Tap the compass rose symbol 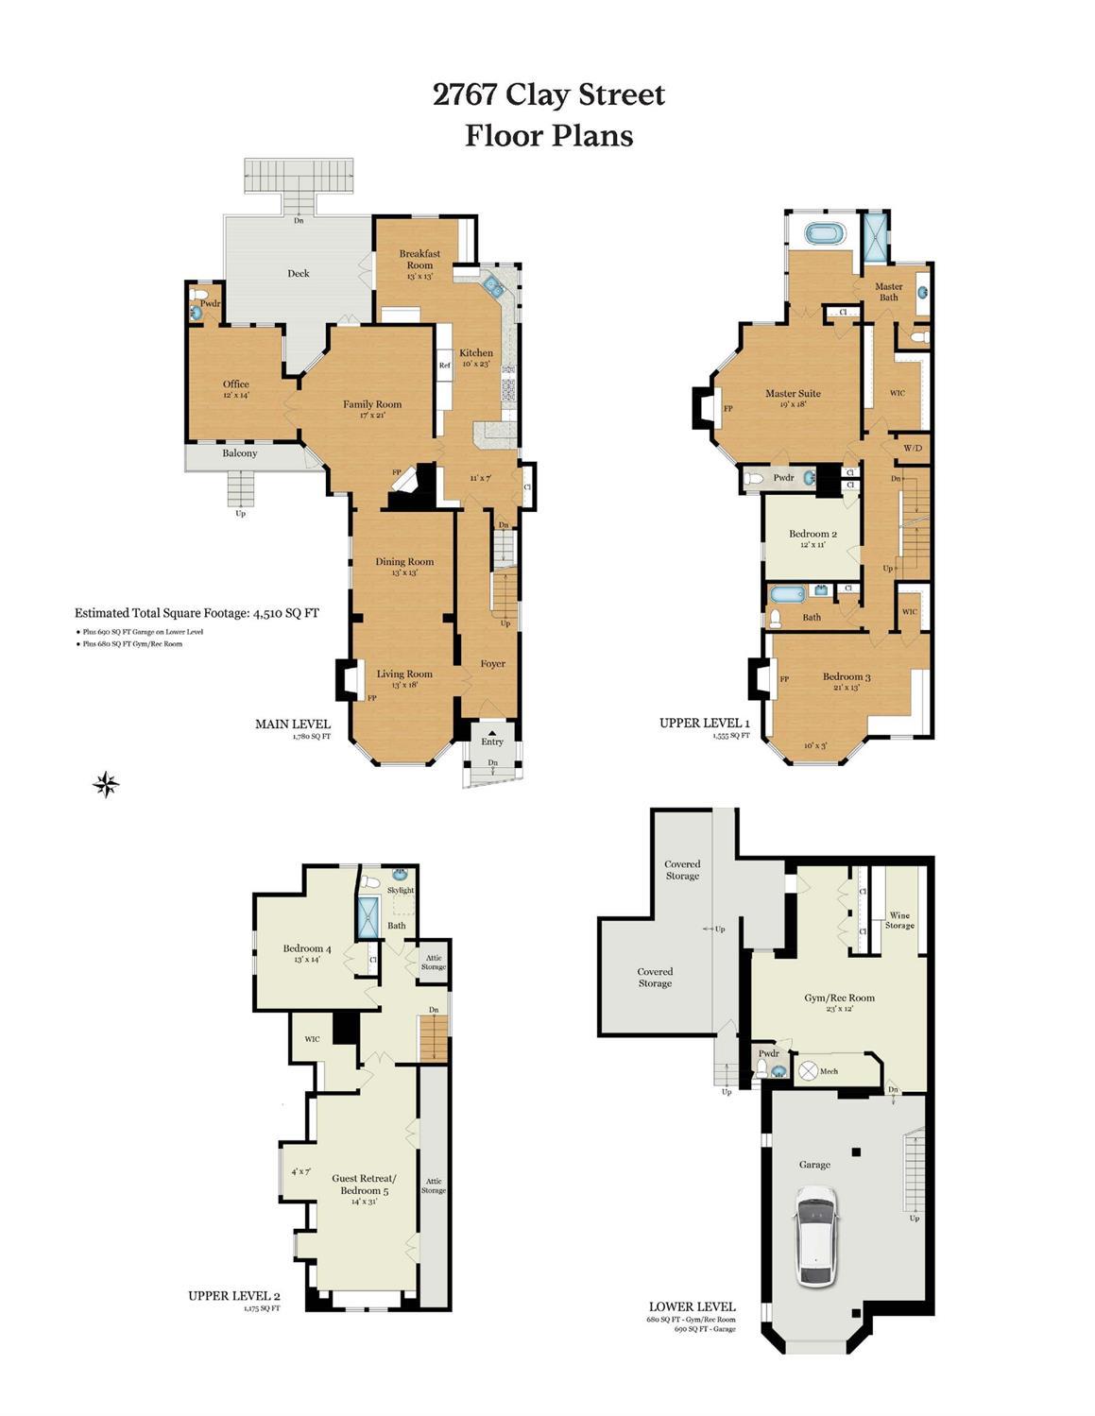106,783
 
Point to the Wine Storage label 899,920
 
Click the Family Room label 372,404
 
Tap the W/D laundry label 913,448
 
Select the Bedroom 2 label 813,534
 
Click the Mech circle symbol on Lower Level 808,1071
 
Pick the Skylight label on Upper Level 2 401,890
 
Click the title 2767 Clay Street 549,94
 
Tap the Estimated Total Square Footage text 197,613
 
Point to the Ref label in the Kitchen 444,366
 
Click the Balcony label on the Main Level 240,453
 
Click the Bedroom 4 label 307,948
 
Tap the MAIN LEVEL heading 293,724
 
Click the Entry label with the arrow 492,742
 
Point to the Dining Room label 404,562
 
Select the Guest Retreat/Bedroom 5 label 364,1185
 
